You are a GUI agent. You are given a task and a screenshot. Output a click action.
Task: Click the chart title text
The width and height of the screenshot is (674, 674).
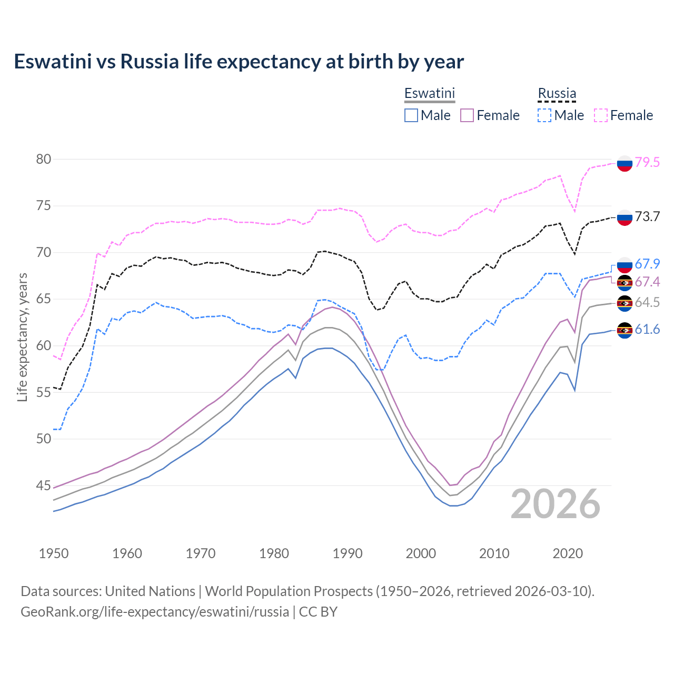(239, 62)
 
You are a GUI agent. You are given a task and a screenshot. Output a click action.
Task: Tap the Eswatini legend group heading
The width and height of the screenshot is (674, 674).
(429, 93)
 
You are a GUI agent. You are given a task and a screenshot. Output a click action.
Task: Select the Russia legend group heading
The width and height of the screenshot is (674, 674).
(557, 93)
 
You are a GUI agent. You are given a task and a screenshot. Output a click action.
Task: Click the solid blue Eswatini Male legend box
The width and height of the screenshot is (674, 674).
(411, 115)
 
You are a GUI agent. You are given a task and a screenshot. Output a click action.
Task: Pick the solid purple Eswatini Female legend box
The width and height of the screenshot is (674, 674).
(468, 115)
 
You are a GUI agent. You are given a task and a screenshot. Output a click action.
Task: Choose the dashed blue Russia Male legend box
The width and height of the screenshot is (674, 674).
(544, 115)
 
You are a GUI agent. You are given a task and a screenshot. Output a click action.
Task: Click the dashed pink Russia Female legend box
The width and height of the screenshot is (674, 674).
(601, 115)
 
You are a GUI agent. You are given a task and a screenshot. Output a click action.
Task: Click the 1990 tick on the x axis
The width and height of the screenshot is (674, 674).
(348, 553)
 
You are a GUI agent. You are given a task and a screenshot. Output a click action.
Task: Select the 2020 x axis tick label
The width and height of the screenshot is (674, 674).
(568, 553)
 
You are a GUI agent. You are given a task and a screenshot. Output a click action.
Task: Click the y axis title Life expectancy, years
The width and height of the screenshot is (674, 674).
(22, 337)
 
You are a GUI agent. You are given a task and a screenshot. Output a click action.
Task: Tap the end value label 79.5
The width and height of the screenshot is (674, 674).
(647, 162)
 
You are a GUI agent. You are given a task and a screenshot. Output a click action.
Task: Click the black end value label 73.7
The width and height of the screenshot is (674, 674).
(647, 216)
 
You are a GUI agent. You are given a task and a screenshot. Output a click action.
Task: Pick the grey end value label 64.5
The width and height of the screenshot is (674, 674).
(647, 302)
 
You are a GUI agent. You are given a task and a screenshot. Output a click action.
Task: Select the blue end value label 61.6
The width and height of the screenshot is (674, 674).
(647, 330)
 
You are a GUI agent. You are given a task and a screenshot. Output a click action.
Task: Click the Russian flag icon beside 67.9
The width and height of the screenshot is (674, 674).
(625, 265)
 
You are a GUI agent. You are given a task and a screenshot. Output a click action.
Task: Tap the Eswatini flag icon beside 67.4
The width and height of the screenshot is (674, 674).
(625, 283)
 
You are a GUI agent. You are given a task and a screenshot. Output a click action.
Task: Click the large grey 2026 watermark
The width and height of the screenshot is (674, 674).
(556, 504)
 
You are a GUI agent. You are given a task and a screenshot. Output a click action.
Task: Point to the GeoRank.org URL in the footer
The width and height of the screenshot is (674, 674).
(155, 612)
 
